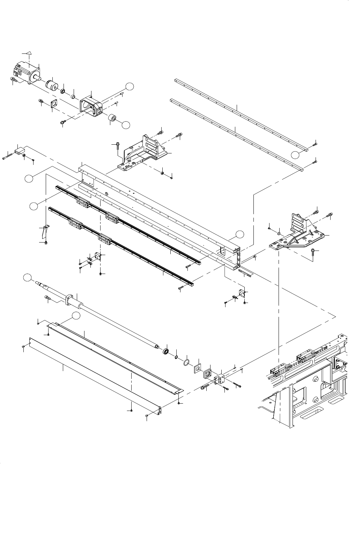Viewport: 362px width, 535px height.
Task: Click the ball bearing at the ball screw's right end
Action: (x=167, y=351)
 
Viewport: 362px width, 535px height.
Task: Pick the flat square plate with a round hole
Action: (x=197, y=368)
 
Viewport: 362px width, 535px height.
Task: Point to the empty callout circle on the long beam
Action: (x=239, y=234)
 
